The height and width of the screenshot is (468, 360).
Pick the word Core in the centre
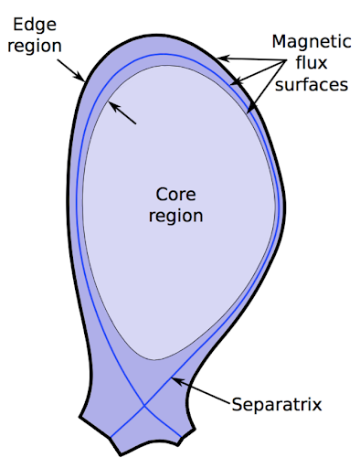click(x=177, y=195)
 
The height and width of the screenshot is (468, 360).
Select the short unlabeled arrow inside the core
click(x=122, y=112)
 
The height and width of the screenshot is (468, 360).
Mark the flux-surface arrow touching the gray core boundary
click(x=259, y=91)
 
